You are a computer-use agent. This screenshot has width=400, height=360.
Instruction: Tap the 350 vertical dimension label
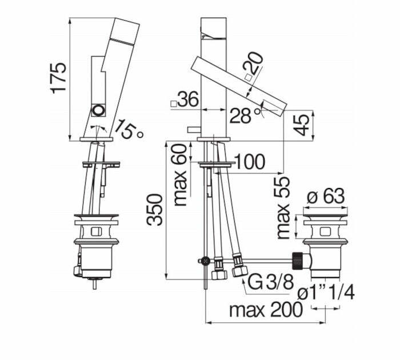pos(156,209)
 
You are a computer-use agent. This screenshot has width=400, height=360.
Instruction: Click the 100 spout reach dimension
pos(249,162)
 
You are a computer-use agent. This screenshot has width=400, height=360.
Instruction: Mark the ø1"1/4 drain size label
pos(326,293)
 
